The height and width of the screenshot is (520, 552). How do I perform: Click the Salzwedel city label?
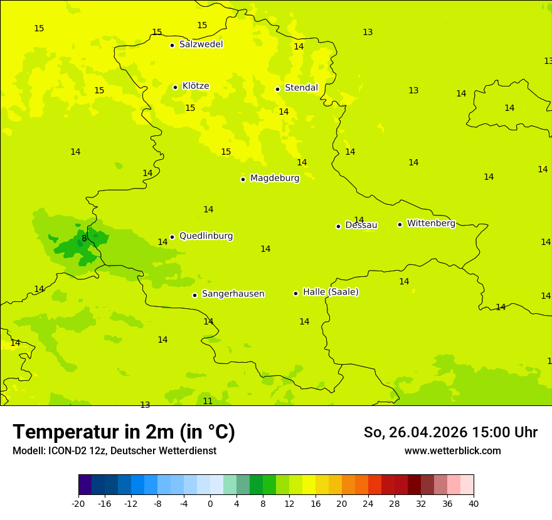point(201,44)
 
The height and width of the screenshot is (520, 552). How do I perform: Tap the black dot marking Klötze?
point(175,87)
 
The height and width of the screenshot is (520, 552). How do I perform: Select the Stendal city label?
point(301,88)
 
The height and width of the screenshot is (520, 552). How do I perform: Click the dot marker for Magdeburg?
point(243,179)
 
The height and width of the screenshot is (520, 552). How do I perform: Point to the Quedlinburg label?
point(206,236)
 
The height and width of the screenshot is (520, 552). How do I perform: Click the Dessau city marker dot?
point(338,226)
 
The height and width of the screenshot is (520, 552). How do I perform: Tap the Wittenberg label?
point(430,223)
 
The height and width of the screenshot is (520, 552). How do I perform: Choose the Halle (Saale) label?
point(331,292)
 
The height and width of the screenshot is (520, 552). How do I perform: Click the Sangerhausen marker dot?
point(194,295)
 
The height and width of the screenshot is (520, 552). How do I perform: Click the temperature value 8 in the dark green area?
point(84,238)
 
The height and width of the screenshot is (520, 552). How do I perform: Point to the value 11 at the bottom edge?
point(208,401)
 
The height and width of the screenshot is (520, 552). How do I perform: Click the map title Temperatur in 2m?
point(124,432)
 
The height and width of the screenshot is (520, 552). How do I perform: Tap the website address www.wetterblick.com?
point(452,451)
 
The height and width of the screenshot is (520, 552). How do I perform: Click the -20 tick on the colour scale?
point(78,503)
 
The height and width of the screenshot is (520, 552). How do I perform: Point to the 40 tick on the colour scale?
point(474,503)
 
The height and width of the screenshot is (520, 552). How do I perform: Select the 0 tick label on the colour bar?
point(210,503)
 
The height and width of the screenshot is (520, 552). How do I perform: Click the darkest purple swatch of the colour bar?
point(85,485)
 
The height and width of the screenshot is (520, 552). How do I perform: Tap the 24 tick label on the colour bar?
point(368,503)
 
